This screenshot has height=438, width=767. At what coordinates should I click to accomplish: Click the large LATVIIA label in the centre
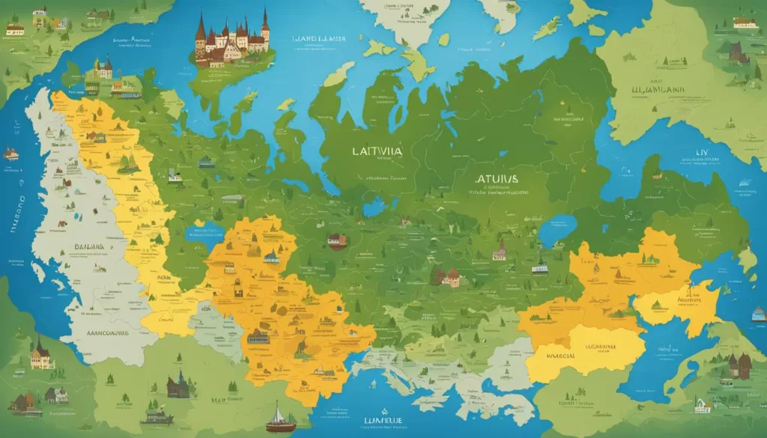[377, 150]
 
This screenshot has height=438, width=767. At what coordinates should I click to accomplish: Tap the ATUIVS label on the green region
[496, 180]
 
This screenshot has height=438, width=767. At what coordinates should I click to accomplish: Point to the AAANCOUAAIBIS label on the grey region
[98, 331]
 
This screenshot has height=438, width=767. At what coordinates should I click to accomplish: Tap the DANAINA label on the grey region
[88, 246]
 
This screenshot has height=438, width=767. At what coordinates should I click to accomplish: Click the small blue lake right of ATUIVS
[557, 230]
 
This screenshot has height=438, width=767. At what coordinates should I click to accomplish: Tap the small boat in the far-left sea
[10, 153]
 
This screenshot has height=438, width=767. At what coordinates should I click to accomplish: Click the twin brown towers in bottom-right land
[739, 365]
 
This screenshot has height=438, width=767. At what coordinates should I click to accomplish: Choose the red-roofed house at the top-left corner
[15, 28]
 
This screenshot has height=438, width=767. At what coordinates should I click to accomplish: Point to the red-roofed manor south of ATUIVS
[449, 277]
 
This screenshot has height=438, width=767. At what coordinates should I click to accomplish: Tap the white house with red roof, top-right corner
[744, 22]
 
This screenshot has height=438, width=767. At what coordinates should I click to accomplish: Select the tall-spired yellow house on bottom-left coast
[41, 355]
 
